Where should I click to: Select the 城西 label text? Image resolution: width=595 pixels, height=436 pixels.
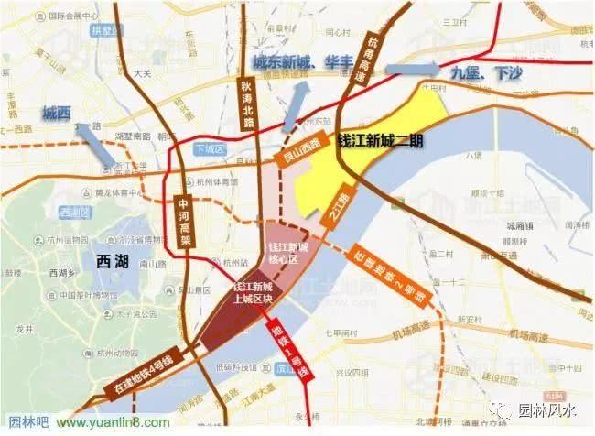click(x=57, y=114)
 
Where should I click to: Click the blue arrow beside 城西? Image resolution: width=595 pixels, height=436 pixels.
click(x=96, y=144)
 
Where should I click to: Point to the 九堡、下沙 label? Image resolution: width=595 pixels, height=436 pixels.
click(x=477, y=71)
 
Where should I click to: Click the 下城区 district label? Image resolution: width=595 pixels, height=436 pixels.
click(x=210, y=147)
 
